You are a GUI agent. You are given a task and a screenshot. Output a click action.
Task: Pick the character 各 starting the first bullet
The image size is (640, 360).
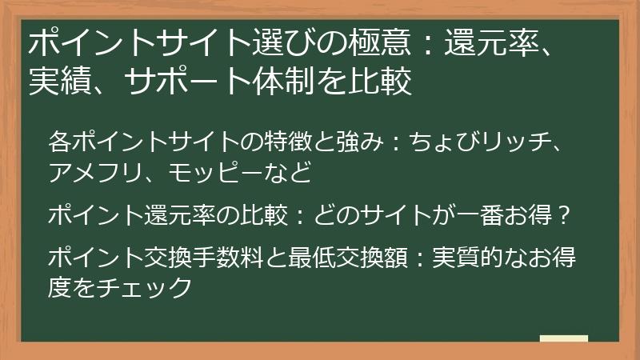(59, 142)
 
